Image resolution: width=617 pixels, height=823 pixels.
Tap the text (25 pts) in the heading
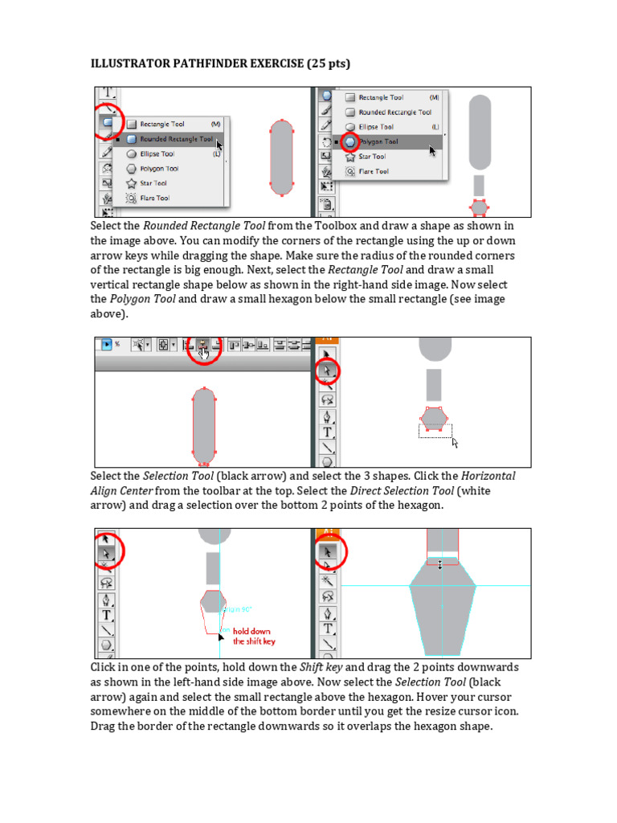[326, 63]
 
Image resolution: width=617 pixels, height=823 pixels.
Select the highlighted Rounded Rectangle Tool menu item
[176, 139]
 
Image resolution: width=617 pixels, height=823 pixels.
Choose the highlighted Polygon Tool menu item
[378, 141]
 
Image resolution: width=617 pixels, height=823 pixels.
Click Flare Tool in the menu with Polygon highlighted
[373, 171]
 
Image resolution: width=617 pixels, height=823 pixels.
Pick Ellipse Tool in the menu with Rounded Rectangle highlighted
[157, 154]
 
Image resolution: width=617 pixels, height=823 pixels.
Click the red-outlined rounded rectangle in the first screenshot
[281, 158]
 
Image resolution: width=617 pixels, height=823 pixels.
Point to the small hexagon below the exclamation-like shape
[479, 207]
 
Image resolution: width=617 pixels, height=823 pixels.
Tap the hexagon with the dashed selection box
[435, 418]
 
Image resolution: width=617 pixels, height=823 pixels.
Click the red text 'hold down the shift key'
[254, 637]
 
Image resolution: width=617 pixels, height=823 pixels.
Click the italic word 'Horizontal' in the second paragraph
[488, 476]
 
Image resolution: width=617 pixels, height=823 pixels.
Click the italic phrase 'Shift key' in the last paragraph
[321, 668]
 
